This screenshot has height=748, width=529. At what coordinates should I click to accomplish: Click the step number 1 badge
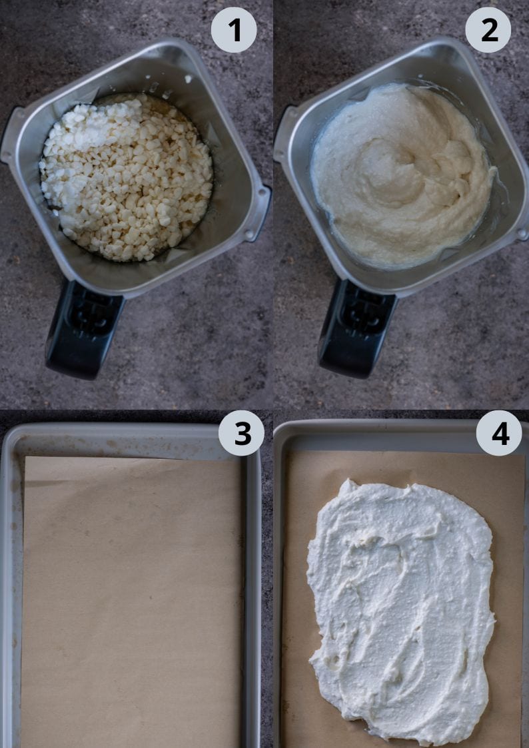point(233,30)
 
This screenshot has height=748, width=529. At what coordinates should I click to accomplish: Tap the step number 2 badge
point(488,30)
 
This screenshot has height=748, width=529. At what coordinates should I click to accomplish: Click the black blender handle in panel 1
point(83,330)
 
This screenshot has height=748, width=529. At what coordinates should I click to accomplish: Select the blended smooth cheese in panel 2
point(400,180)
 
